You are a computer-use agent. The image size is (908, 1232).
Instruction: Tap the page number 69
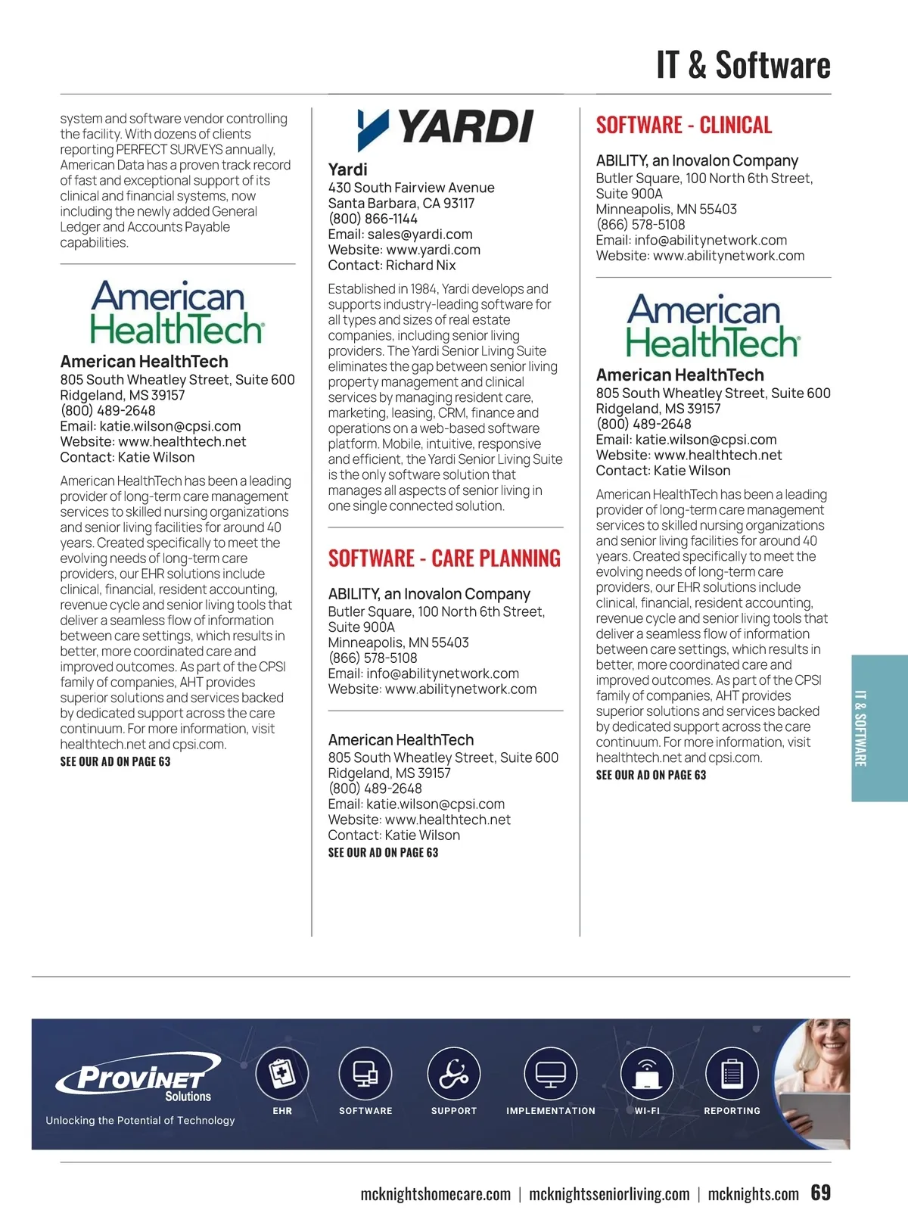pos(820,1193)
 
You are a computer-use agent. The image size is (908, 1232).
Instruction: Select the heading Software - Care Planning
pos(444,558)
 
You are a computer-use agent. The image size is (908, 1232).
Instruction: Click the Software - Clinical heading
pos(683,125)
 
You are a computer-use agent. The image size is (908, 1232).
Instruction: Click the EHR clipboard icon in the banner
pos(282,1074)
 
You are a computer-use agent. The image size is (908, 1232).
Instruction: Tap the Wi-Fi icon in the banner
pos(646,1074)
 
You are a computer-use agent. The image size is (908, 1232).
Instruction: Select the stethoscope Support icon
pos(453,1074)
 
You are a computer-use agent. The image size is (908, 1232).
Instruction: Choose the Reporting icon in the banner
pos(732,1074)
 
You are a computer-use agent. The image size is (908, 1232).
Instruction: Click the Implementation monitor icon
pos(550,1074)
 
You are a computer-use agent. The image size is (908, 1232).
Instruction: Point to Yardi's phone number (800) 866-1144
pos(372,219)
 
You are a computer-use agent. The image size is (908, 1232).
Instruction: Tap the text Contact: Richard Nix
pos(392,266)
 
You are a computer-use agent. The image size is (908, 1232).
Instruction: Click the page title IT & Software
pos(743,65)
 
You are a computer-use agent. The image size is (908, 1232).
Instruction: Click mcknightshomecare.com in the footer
pos(435,1194)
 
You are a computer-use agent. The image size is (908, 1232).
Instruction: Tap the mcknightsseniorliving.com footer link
pos(609,1194)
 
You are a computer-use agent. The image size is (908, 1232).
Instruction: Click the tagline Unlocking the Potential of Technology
pos(140,1120)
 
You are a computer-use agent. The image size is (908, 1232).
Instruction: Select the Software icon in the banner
pos(365,1074)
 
